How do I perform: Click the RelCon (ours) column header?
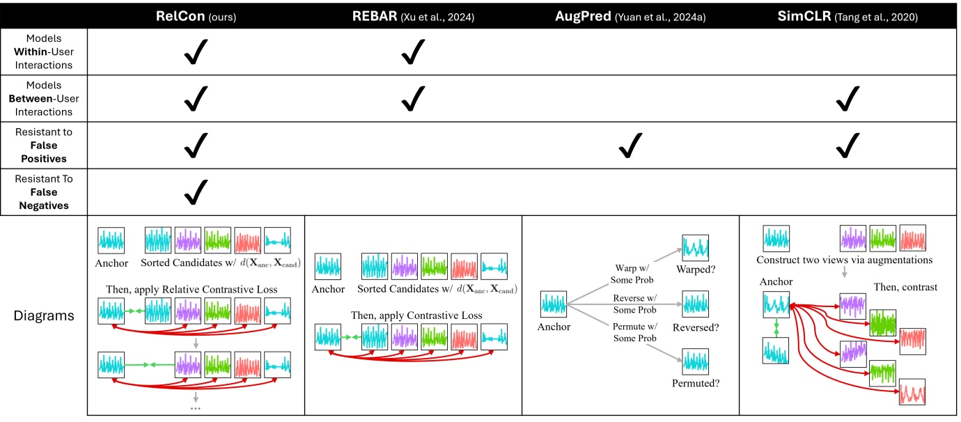(196, 15)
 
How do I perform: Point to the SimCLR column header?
(845, 15)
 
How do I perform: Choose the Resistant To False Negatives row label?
(44, 192)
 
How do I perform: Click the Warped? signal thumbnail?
(695, 248)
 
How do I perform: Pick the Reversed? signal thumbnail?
(695, 304)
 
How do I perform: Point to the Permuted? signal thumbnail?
(695, 362)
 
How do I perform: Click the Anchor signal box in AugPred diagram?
(555, 304)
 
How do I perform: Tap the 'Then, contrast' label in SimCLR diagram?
(906, 287)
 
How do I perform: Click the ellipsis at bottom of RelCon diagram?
(196, 407)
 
